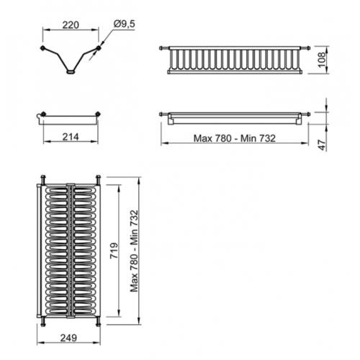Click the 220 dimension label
(71, 25)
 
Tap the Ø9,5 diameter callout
(125, 24)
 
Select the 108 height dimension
(323, 59)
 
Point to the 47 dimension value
(323, 145)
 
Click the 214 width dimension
(71, 137)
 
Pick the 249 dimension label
(68, 338)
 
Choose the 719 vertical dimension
(114, 251)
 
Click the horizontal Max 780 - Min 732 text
(235, 138)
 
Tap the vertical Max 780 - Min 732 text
(135, 251)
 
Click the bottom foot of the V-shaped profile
(71, 71)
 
